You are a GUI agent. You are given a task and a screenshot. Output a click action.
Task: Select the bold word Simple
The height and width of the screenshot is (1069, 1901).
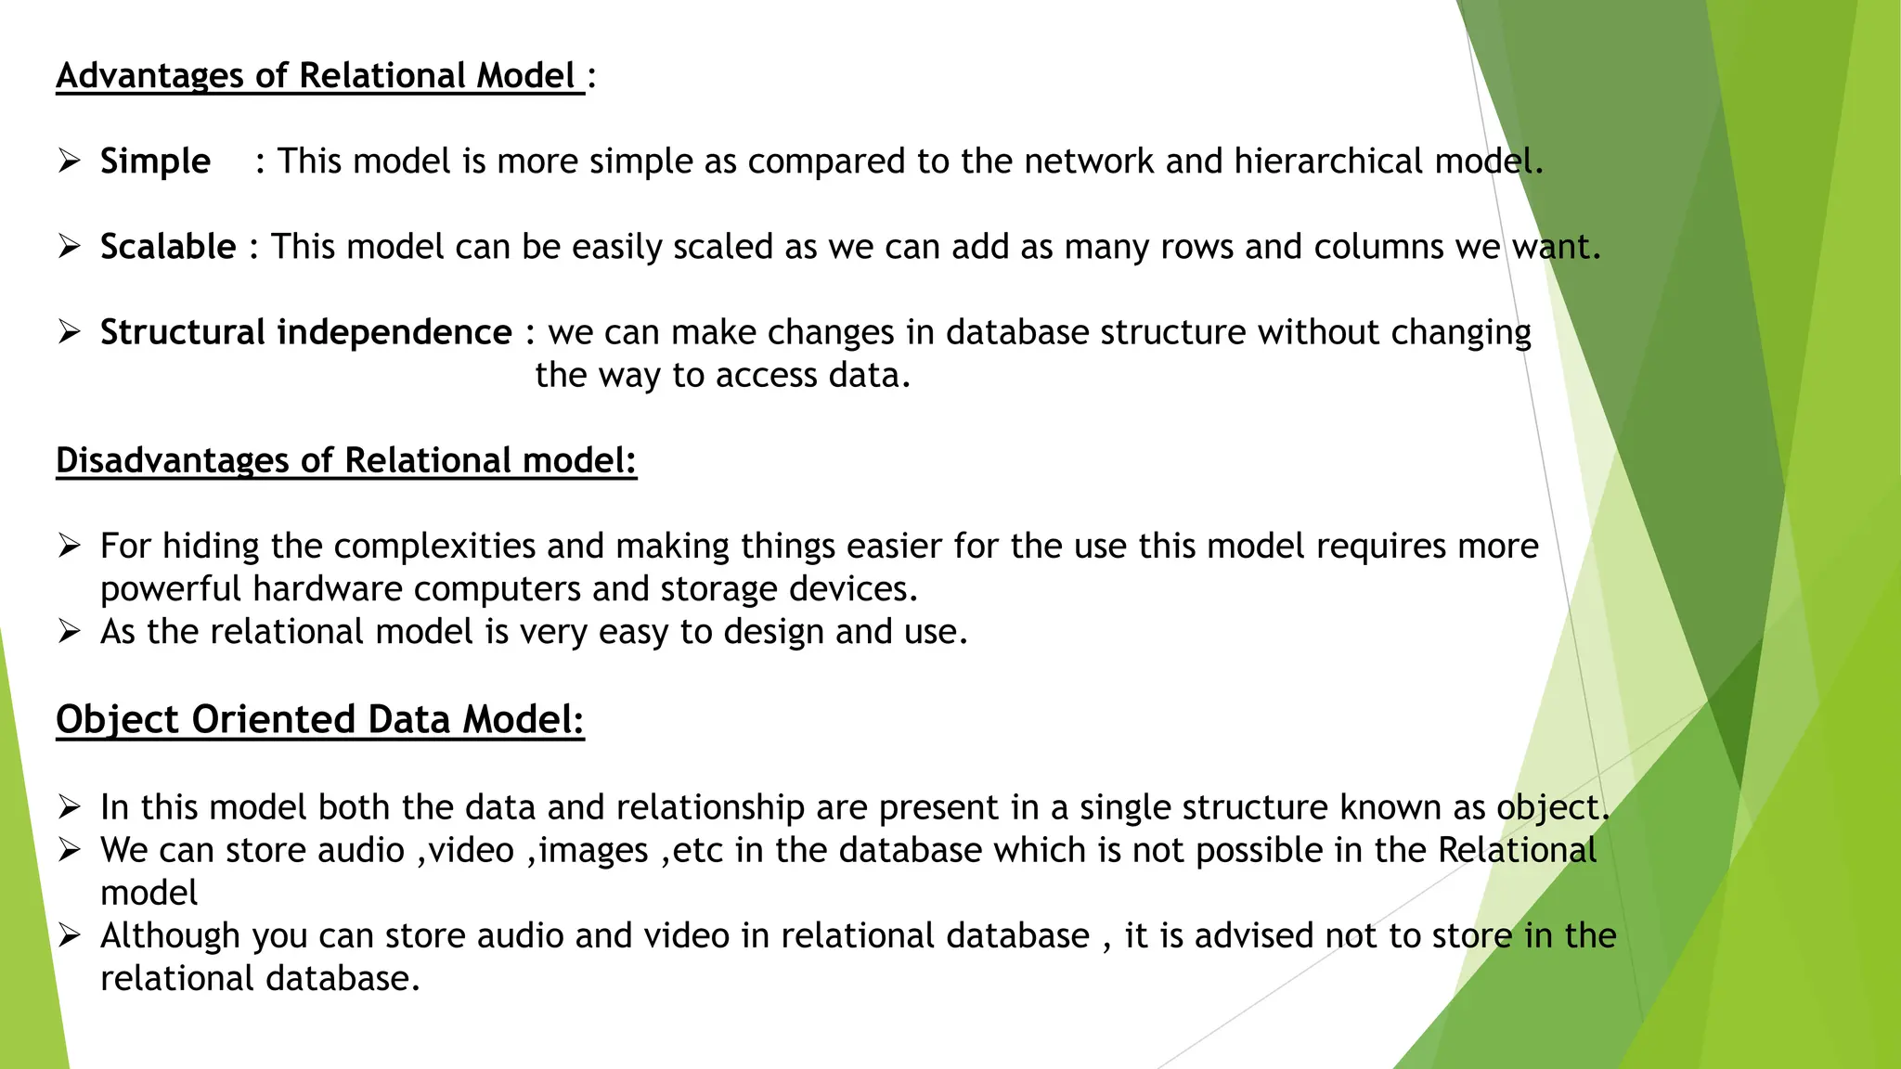tap(155, 161)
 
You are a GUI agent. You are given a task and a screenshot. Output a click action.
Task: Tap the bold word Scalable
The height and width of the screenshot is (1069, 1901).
tap(168, 247)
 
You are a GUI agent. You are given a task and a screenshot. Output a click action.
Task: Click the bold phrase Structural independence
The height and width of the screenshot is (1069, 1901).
tap(305, 332)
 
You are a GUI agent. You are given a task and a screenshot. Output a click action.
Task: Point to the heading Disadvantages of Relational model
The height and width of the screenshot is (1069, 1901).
tap(345, 460)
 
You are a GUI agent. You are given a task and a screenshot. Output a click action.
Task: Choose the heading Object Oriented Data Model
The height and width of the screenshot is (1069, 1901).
tap(319, 720)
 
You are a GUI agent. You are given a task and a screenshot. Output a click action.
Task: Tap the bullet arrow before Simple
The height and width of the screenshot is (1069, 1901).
tap(70, 161)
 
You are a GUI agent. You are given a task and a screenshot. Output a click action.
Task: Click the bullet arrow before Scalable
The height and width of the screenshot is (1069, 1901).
tap(70, 247)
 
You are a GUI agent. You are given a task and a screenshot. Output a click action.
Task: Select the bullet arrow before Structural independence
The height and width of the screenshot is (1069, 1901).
tap(70, 332)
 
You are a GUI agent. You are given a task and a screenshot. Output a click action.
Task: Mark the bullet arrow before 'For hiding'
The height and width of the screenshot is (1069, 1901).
tap(70, 546)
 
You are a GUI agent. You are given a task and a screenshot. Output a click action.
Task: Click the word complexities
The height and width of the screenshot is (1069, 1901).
tap(434, 546)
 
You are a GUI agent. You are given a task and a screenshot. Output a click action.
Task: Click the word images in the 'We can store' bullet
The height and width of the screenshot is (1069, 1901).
tap(593, 851)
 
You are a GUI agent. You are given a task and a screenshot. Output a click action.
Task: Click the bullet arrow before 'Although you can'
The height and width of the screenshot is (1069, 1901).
tap(70, 936)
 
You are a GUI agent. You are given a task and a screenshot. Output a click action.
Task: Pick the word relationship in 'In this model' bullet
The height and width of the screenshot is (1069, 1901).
tap(710, 808)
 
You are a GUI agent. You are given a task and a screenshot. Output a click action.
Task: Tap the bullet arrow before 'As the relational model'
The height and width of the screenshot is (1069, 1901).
tap(70, 632)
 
